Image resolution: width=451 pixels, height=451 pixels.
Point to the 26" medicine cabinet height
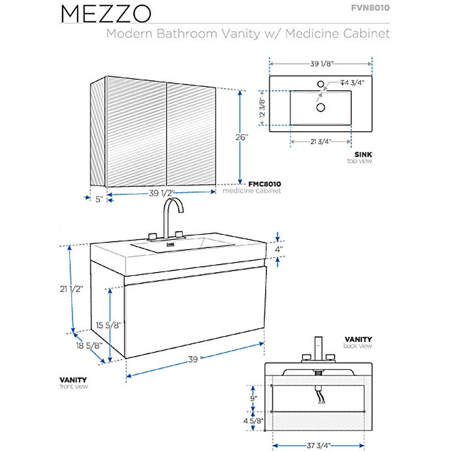tap(242, 137)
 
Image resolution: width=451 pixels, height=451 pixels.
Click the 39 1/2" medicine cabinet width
tap(162, 193)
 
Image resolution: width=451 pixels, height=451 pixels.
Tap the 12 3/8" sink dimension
tap(262, 107)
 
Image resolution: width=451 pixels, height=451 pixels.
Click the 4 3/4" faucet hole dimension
tap(351, 82)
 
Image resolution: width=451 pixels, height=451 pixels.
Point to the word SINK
tap(364, 154)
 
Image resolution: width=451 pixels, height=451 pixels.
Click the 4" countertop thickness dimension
tap(278, 250)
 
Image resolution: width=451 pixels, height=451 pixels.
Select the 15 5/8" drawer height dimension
tap(108, 325)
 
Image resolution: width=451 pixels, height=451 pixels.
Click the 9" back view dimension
tap(254, 398)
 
